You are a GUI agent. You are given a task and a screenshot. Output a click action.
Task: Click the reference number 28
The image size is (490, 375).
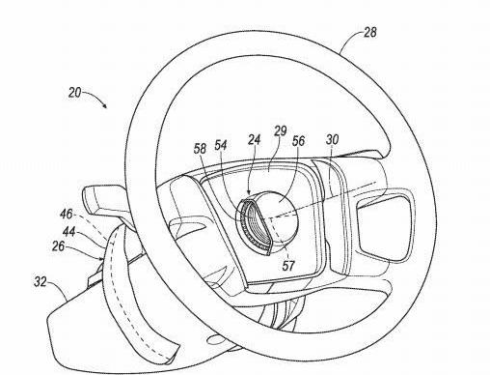[x=369, y=33]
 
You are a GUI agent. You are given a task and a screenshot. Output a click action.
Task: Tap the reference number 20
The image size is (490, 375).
[x=74, y=93]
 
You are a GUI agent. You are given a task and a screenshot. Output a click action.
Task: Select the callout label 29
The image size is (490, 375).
[x=280, y=131]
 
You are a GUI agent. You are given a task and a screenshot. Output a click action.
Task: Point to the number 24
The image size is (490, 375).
[x=254, y=139]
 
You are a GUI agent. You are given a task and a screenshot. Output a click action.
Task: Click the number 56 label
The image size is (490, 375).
[x=298, y=141]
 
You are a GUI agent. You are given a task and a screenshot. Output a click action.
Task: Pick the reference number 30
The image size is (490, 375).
[x=332, y=139]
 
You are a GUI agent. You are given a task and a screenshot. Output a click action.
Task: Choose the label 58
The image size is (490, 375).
[x=200, y=149]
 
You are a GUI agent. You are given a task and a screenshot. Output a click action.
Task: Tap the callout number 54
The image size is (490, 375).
[x=221, y=145]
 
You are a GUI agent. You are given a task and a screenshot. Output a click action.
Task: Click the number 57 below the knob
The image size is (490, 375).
[x=288, y=266]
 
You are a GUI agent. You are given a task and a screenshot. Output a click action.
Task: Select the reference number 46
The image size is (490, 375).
[x=67, y=215]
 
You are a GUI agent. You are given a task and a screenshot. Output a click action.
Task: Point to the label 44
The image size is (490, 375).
[x=68, y=231]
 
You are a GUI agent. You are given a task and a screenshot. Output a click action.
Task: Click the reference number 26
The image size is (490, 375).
[x=58, y=246]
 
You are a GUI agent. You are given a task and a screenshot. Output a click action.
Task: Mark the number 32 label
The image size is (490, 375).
[x=41, y=282]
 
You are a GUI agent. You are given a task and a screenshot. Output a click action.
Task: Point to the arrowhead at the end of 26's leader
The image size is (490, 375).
[x=101, y=258]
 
